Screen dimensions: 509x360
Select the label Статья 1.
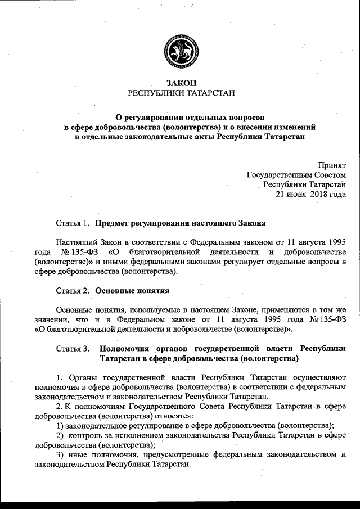point(73,223)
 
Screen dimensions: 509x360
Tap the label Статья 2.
point(73,291)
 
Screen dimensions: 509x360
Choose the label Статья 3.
point(73,349)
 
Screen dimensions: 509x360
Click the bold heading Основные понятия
point(133,291)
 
